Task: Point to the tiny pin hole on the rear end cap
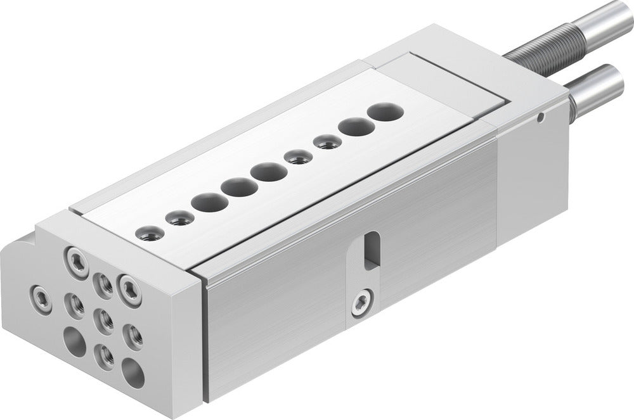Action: [x=540, y=117]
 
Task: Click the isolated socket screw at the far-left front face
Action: [x=40, y=295]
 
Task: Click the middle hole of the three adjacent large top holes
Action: [x=238, y=188]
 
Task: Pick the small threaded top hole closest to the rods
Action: [x=327, y=142]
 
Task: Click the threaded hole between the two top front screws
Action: [x=102, y=283]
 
